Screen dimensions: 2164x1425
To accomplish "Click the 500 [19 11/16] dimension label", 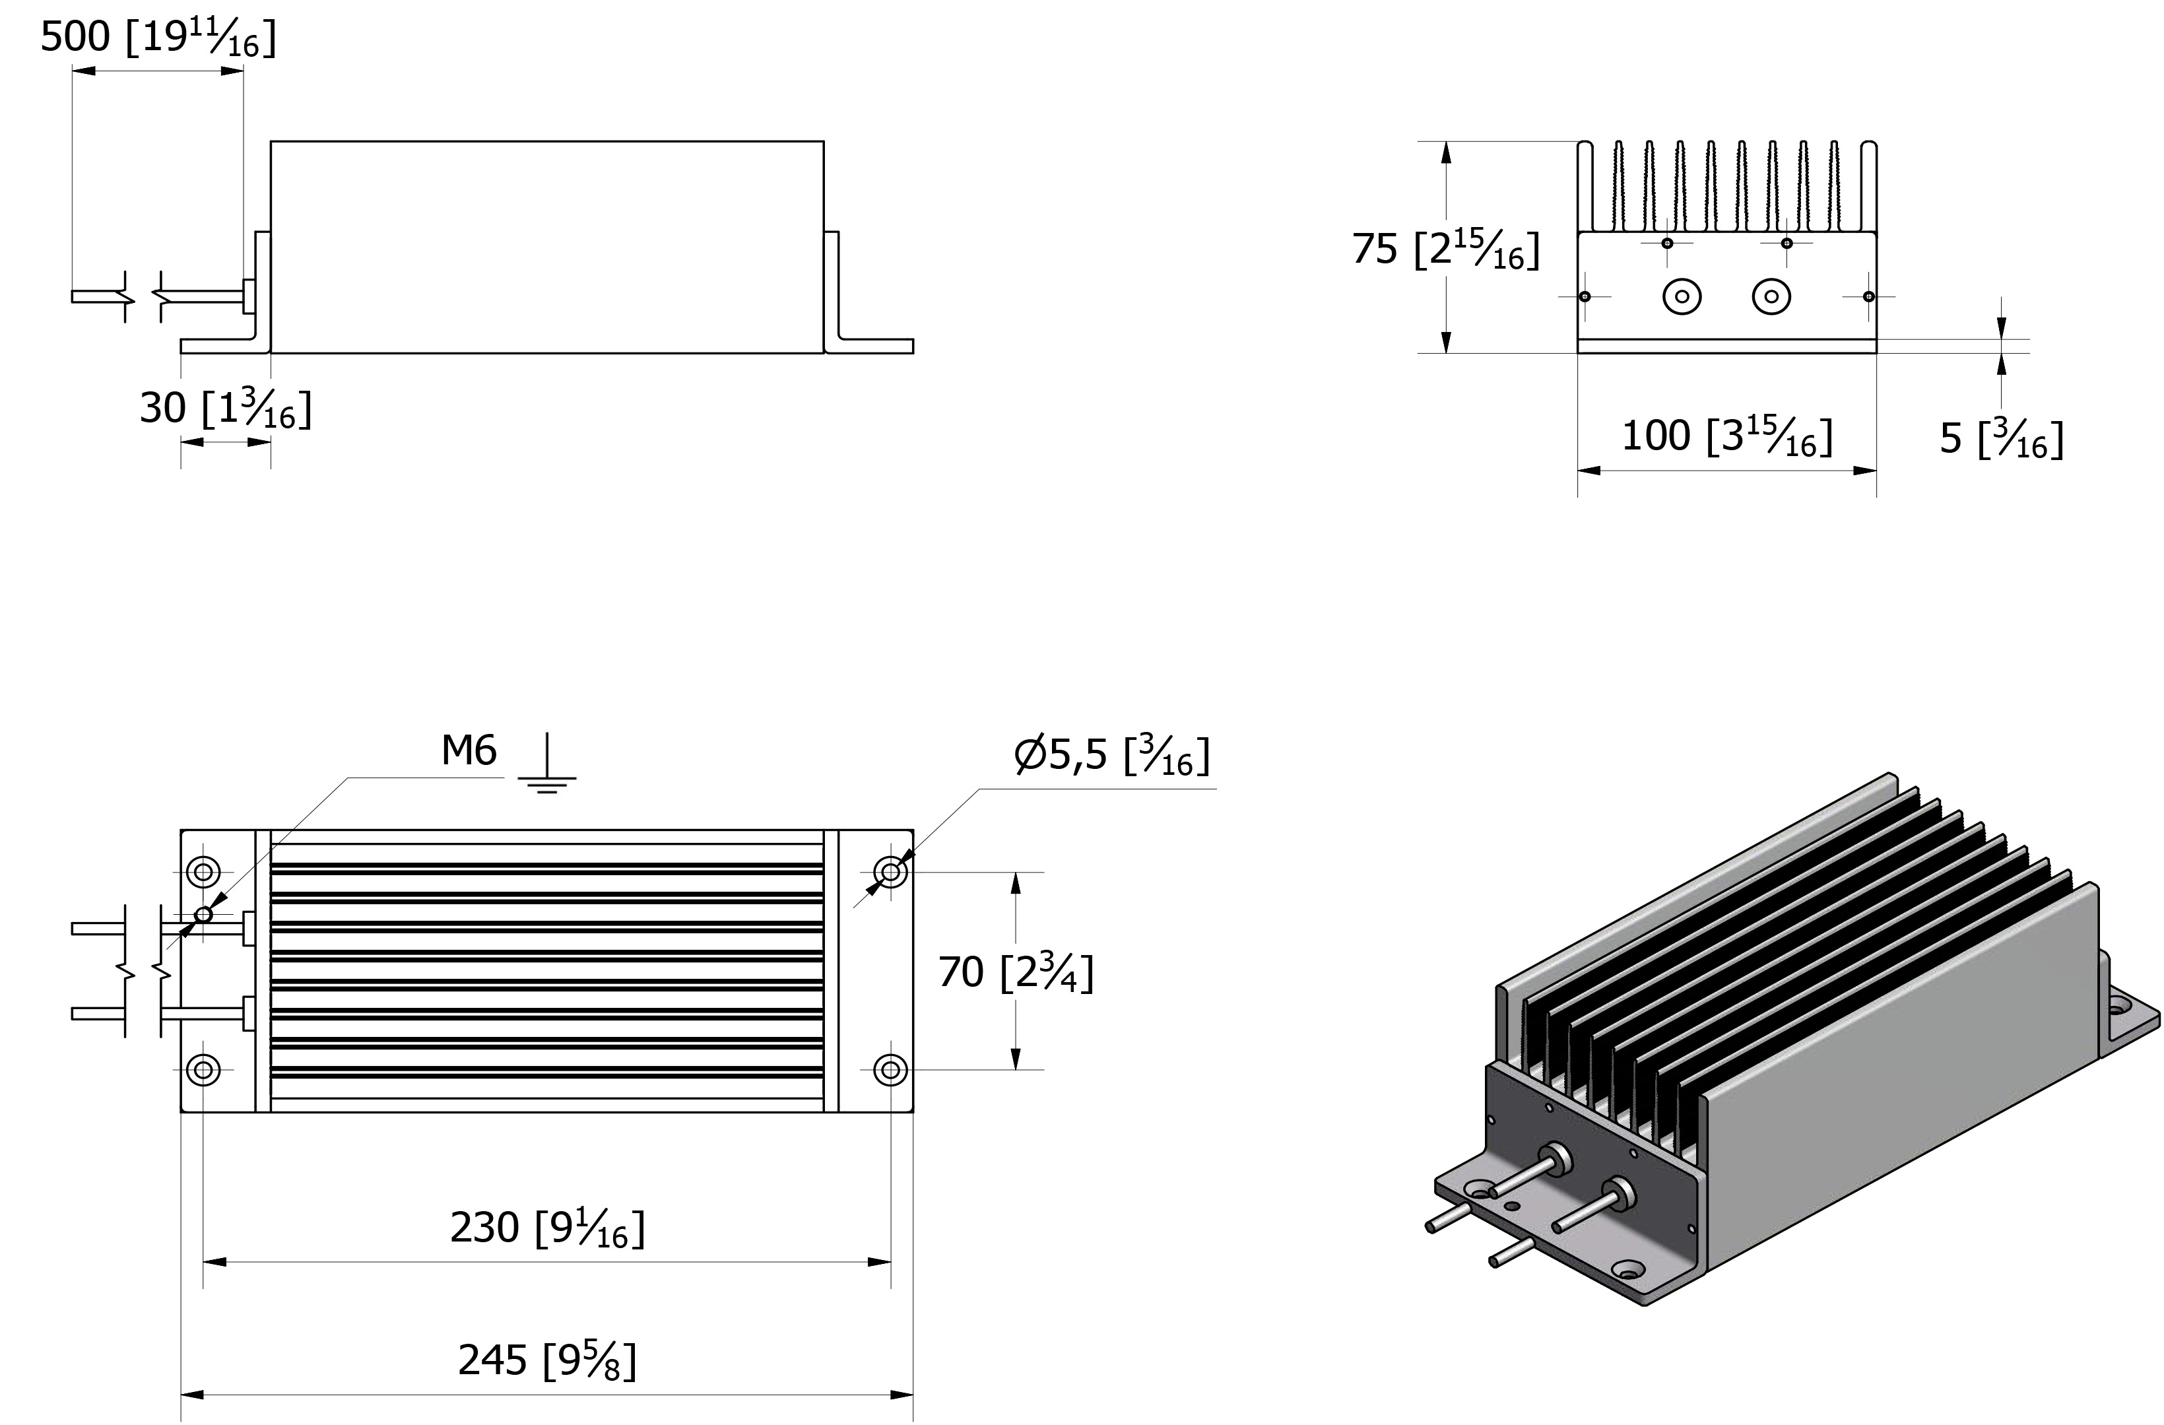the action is [x=158, y=38].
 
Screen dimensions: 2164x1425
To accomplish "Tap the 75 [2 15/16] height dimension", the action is [x=1446, y=248].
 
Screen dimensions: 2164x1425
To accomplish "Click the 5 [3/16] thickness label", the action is [x=2001, y=438].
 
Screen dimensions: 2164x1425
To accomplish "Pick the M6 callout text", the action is [x=469, y=751].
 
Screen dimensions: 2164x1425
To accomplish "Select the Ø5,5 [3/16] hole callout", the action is [x=1112, y=756].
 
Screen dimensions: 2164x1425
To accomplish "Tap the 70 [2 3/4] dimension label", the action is [x=1016, y=972].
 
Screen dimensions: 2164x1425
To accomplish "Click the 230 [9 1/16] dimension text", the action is [x=547, y=1228].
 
